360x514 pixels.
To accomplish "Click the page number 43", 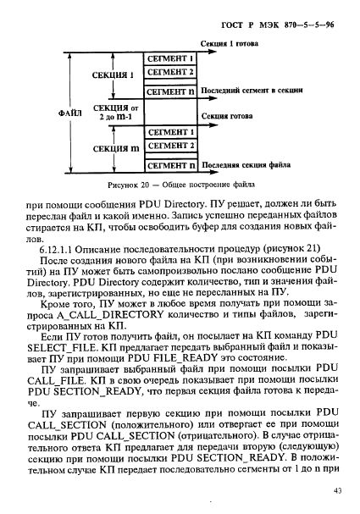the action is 336,489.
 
